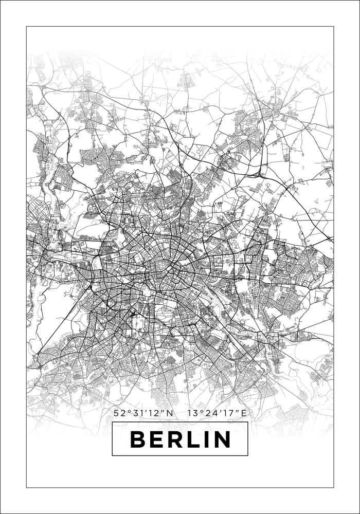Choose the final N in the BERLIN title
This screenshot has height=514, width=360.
pos(221,439)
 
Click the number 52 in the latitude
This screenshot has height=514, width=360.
pos(119,413)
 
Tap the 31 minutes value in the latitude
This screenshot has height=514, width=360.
pos(136,413)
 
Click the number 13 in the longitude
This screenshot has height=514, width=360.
pos(193,413)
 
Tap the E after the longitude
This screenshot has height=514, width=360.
pos(244,413)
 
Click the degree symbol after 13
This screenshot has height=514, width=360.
pos(200,411)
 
